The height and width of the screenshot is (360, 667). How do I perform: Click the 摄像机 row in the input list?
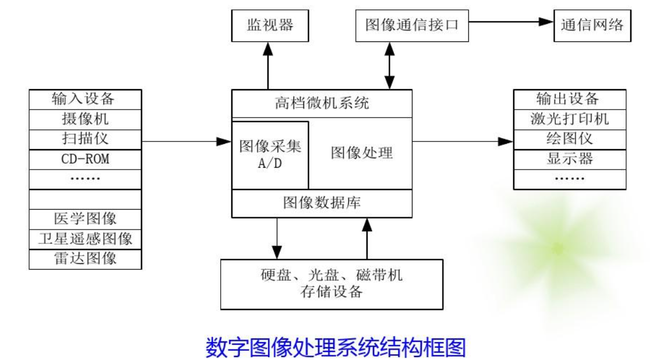(x=85, y=120)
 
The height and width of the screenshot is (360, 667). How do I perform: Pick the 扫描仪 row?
(x=85, y=139)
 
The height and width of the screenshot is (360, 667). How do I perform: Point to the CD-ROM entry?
(x=85, y=159)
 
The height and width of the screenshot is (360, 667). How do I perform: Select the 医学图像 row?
(x=85, y=219)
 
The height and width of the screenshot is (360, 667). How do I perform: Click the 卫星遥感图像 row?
(x=85, y=238)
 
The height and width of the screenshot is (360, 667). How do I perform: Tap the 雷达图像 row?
(x=85, y=258)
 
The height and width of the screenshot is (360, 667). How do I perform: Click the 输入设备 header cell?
(x=85, y=99)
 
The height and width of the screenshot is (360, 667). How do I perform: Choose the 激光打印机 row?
(x=569, y=119)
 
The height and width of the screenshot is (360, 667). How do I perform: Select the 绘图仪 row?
(x=569, y=139)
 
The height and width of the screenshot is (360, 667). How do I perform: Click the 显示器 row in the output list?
(x=569, y=159)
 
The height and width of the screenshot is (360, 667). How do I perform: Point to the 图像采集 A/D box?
(x=270, y=154)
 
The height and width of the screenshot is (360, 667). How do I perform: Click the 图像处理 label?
(x=362, y=153)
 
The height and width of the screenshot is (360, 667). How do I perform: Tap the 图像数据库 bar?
(x=322, y=203)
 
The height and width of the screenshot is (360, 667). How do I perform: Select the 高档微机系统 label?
(x=322, y=104)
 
